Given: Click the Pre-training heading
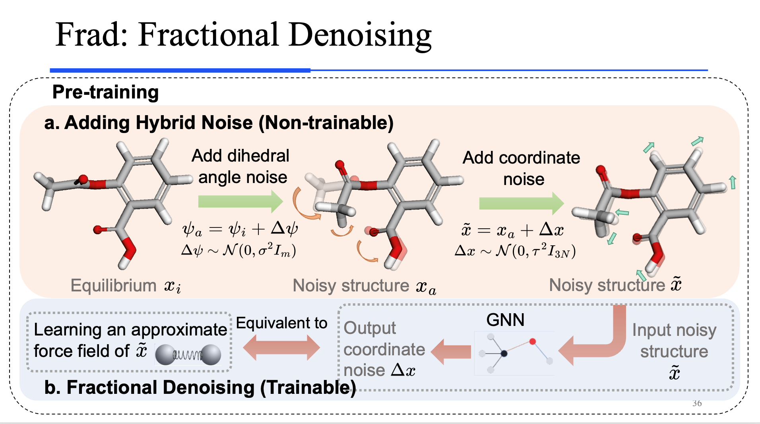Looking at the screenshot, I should [105, 92].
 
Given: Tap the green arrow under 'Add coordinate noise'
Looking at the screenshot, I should [521, 203].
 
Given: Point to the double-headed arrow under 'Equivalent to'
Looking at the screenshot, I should [281, 347].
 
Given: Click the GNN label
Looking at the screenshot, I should [505, 320].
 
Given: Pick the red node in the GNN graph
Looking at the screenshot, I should [532, 341].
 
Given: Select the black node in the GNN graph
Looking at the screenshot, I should [504, 353].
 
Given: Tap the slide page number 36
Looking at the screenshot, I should [697, 403].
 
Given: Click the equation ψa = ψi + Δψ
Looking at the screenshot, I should [240, 229].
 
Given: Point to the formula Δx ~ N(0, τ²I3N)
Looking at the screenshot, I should [515, 251].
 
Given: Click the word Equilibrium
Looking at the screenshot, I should [114, 285].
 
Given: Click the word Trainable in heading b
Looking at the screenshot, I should [308, 387].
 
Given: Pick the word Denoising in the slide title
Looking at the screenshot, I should [360, 35].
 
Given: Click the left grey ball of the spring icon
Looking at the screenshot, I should [165, 355].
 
